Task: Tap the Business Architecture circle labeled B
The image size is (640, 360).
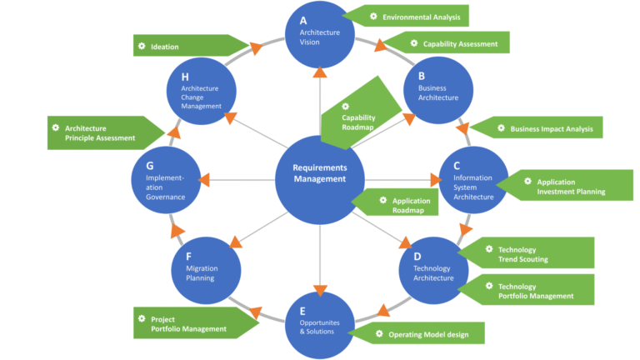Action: pos(438,92)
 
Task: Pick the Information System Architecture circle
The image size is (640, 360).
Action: pos(473,182)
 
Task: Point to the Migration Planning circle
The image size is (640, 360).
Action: pos(206,267)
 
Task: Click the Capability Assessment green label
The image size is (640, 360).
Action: pos(454,43)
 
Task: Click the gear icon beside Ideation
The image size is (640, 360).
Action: pos(142,47)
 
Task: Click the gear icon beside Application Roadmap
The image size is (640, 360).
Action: pos(383,200)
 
